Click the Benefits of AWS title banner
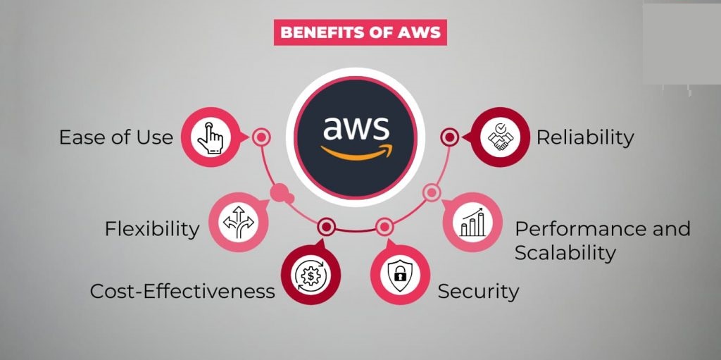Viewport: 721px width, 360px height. click(x=360, y=32)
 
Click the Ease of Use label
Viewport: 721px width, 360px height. click(x=115, y=137)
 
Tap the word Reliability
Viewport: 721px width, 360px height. click(x=585, y=137)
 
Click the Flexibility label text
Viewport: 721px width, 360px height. click(x=151, y=229)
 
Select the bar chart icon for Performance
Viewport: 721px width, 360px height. click(x=472, y=223)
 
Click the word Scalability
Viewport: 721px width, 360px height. click(x=565, y=253)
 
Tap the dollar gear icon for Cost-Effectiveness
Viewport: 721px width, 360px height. click(x=309, y=275)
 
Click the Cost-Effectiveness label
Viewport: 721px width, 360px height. click(x=182, y=290)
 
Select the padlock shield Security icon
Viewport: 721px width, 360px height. click(x=400, y=275)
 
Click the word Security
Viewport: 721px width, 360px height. click(x=478, y=290)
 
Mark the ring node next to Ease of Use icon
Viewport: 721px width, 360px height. click(x=261, y=137)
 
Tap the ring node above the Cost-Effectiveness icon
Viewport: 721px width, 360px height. click(x=325, y=227)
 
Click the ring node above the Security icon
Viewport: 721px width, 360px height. click(x=384, y=227)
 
